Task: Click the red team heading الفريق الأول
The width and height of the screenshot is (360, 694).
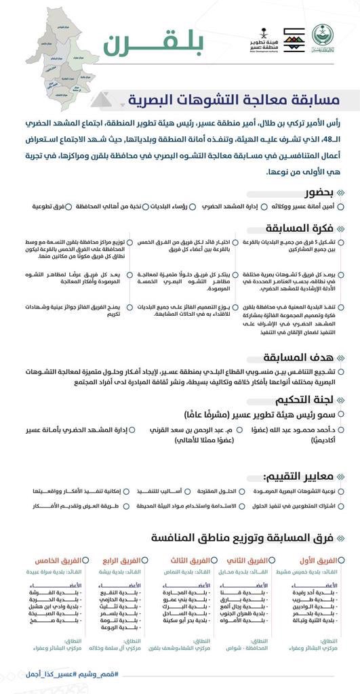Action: [x=317, y=560]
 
